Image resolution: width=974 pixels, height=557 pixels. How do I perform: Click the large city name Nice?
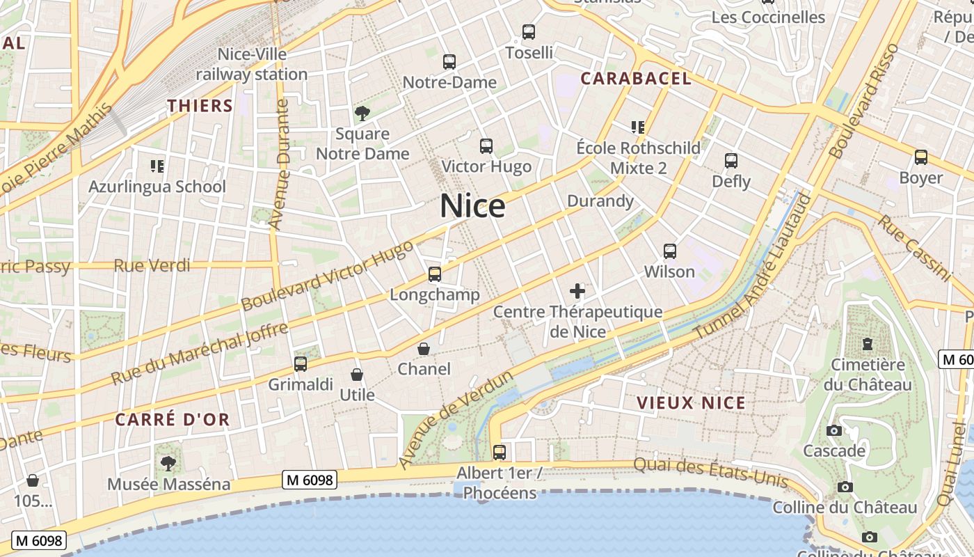472,206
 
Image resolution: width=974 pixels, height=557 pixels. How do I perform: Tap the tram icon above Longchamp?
435,274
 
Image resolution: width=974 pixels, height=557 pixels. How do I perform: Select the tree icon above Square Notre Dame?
362,113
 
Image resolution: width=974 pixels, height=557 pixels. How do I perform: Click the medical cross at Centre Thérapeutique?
577,291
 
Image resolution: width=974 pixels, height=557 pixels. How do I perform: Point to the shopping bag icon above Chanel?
424,349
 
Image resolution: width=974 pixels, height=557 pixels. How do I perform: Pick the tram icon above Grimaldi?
301,363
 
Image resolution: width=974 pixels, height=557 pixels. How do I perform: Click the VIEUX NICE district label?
691,402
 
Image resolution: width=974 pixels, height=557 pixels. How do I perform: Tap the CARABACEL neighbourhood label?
636,78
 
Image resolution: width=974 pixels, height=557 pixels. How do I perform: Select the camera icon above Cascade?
834,430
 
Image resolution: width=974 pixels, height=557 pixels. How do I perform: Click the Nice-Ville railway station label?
252,64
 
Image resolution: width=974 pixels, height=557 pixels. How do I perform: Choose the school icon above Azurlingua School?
157,166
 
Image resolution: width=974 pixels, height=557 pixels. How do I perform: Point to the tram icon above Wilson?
670,251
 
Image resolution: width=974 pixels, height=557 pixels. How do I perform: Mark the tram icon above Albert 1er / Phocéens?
500,452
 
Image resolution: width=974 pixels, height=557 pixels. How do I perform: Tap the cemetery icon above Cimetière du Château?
868,343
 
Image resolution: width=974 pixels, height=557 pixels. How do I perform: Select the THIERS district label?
200,106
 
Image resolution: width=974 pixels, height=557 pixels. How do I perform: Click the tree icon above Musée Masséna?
168,463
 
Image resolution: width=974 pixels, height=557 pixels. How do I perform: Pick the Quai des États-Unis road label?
710,472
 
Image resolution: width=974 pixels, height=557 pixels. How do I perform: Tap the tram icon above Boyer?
921,157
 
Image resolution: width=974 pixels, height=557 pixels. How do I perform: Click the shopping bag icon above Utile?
357,375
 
